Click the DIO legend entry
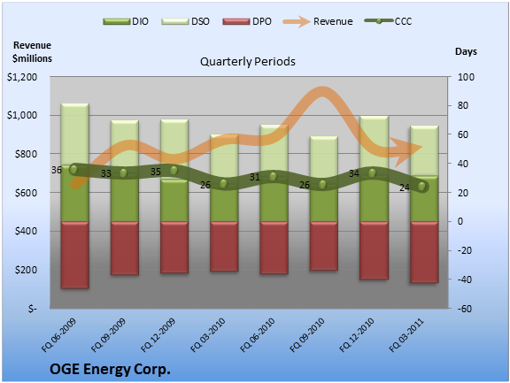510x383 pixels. pos(126,21)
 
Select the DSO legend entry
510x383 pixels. pos(185,21)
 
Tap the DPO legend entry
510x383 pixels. pos(247,21)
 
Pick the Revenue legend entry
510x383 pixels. pos(318,21)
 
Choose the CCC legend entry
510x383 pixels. pos(388,21)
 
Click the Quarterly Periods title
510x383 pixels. pos(248,61)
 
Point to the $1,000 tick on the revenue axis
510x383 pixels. pos(22,115)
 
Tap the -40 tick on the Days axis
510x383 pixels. pos(465,280)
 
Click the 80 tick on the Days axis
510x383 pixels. pos(462,105)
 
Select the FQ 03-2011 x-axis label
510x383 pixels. pos(406,335)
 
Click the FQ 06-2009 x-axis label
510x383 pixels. pos(58,335)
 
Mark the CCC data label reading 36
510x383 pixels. pos(57,170)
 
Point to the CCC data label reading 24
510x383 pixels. pos(405,188)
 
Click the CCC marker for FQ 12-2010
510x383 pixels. pos(372,173)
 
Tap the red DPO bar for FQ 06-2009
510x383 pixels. pos(74,255)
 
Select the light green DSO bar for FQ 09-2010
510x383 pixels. pos(324,157)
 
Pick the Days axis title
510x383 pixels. pos(466,51)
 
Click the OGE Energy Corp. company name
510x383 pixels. pos(110,370)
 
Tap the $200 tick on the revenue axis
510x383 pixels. pos(26,270)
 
